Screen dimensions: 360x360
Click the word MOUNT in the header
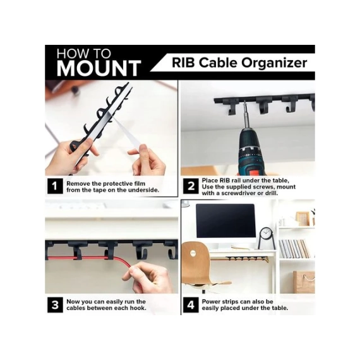pyautogui.click(x=99, y=68)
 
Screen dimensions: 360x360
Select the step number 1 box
pyautogui.click(x=55, y=186)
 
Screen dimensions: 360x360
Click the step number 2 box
pyautogui.click(x=191, y=186)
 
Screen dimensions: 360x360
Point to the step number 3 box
pyautogui.click(x=55, y=305)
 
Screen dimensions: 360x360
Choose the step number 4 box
pyautogui.click(x=191, y=305)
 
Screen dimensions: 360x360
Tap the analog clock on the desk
pyautogui.click(x=267, y=238)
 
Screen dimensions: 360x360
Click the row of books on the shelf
pyautogui.click(x=294, y=249)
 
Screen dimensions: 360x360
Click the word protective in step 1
pyautogui.click(x=117, y=184)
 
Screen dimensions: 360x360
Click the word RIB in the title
pyautogui.click(x=184, y=63)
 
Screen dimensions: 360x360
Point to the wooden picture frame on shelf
pyautogui.click(x=303, y=219)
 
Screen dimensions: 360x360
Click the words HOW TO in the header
pyautogui.click(x=83, y=54)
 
